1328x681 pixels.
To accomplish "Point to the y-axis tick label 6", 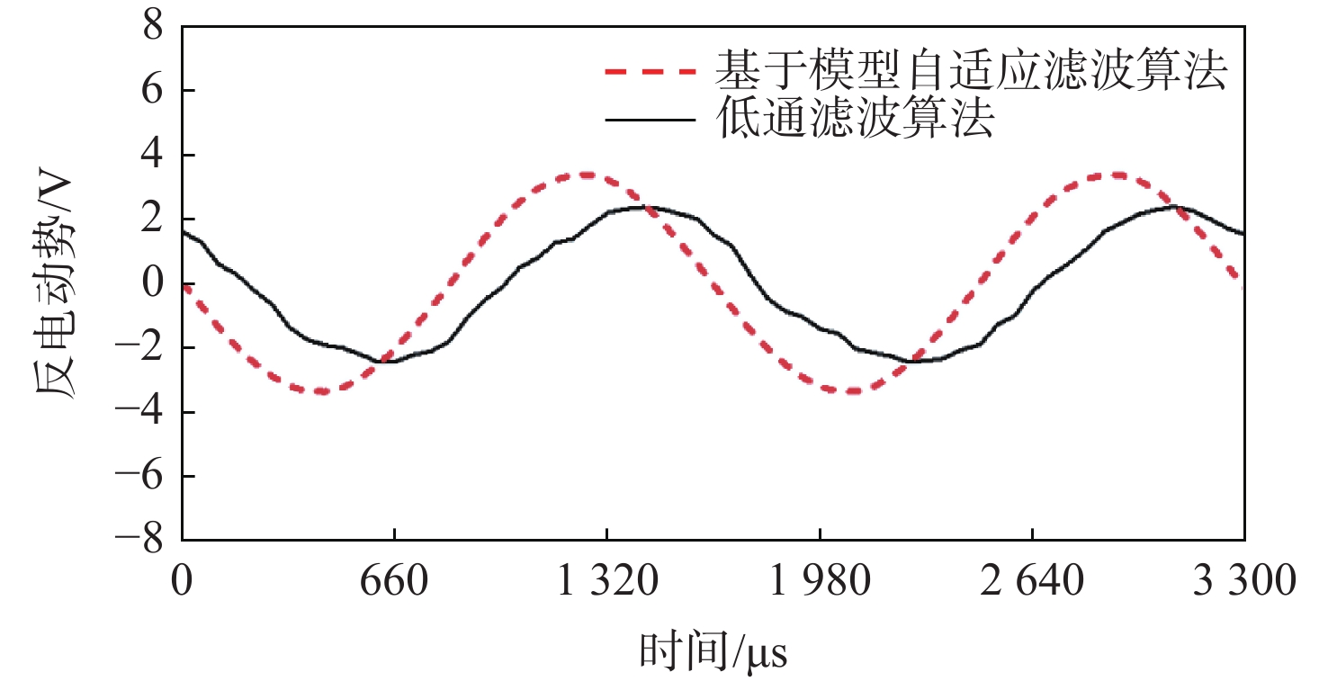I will point(157,91).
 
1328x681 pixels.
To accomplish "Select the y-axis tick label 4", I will point(157,156).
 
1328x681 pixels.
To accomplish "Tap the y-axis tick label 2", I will point(157,220).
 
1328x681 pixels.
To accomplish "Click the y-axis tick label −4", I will point(146,412).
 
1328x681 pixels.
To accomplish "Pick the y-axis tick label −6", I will point(146,476).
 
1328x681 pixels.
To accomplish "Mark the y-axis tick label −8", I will point(146,540).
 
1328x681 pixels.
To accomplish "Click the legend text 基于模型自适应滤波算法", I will point(972,69).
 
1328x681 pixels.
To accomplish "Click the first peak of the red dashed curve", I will point(587,175).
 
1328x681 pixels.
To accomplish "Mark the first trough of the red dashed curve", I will point(321,391).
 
